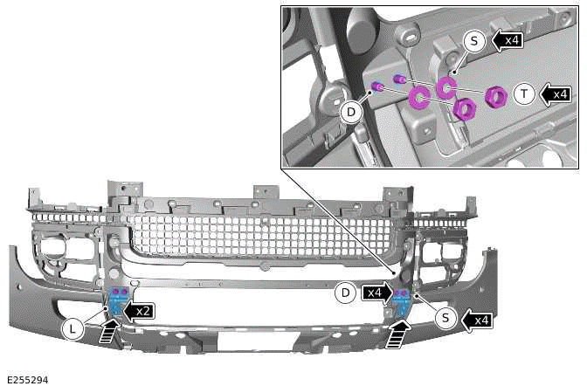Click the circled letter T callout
tap(524, 95)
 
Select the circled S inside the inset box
tap(474, 40)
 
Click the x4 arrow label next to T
tap(556, 93)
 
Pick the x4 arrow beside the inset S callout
tap(507, 40)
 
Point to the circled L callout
tap(73, 328)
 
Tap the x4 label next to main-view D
tap(376, 293)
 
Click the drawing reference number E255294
tap(27, 379)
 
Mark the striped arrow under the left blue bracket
tap(109, 333)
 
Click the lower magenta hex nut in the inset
tap(464, 109)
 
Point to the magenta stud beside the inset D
tap(378, 86)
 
